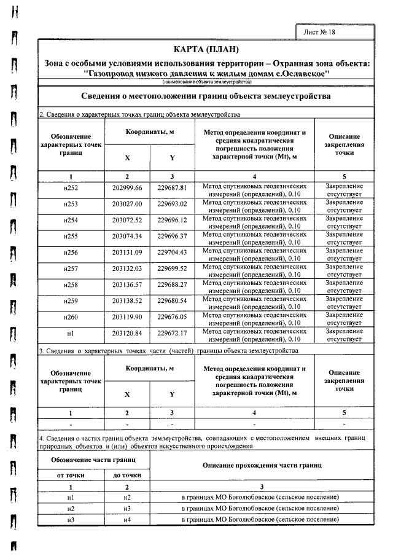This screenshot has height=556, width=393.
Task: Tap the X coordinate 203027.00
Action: coord(127,204)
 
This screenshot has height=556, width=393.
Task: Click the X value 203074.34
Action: coord(127,236)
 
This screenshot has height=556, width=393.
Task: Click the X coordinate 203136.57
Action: coord(127,284)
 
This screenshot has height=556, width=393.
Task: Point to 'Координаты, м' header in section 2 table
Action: coord(150,132)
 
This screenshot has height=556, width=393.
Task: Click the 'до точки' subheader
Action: coord(127,475)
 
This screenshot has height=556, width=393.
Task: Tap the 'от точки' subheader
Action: coord(71,475)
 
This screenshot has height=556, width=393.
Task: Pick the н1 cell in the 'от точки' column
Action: coord(71,497)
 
